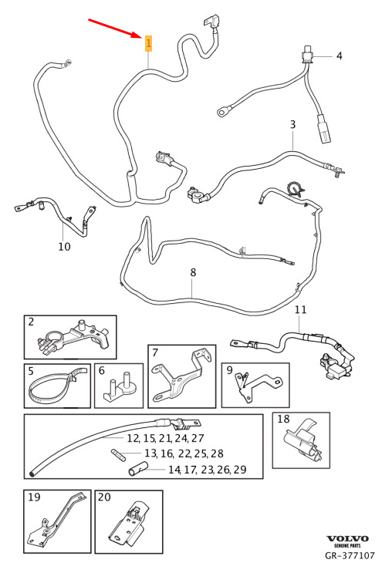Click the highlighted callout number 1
(x=148, y=43)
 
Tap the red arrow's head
(x=139, y=35)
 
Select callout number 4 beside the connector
(x=339, y=56)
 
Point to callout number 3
(x=292, y=124)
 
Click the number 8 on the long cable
(x=193, y=272)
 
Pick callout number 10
(x=64, y=246)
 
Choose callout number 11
(x=300, y=309)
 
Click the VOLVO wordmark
(x=347, y=538)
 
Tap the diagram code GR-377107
(x=350, y=555)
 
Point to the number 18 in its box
(x=283, y=419)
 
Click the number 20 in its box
(x=104, y=497)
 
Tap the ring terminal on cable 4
(x=222, y=112)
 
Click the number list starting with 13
(x=184, y=453)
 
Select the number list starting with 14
(x=207, y=470)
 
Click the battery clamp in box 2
(x=73, y=339)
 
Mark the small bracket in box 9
(x=258, y=386)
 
